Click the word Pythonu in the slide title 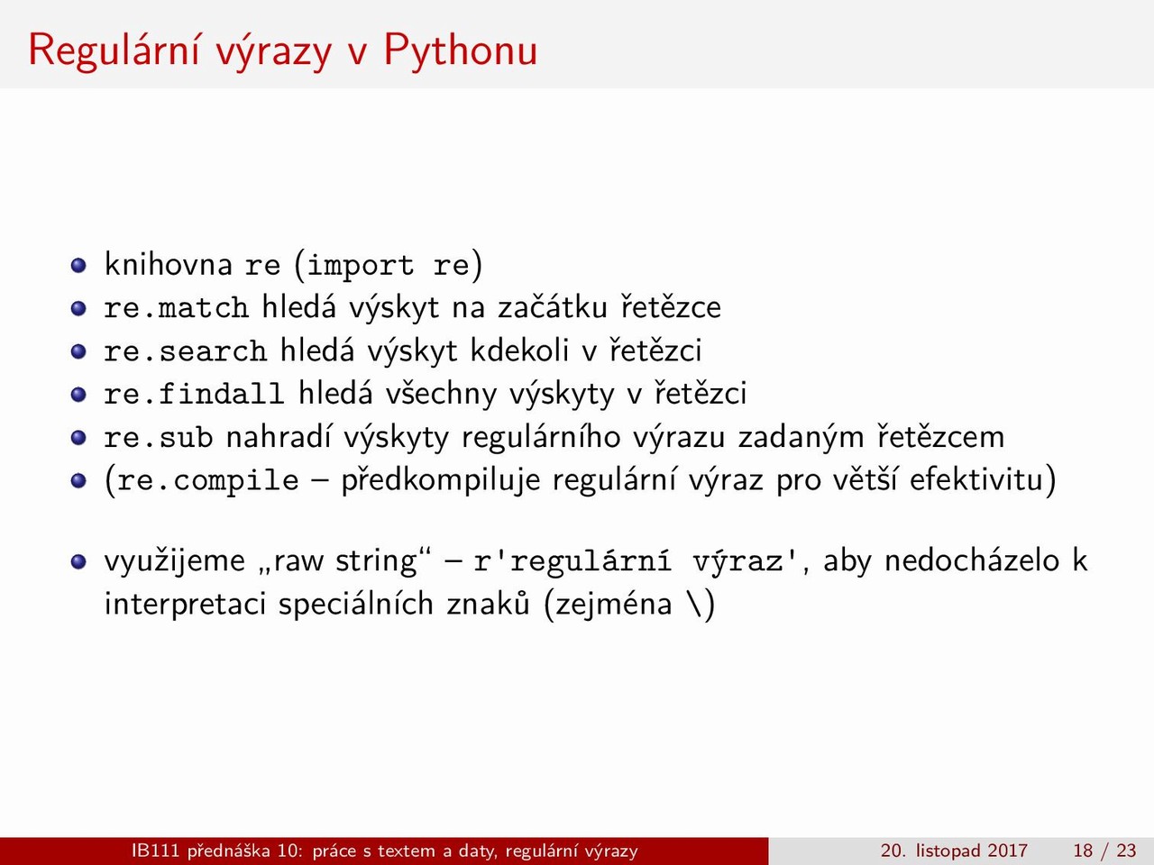click(x=461, y=51)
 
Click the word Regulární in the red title click(x=114, y=50)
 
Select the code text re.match click(x=177, y=307)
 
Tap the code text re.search click(x=186, y=351)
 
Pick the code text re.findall click(x=195, y=394)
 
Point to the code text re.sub click(x=159, y=437)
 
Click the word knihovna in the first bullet click(x=169, y=264)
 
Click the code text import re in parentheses click(x=388, y=265)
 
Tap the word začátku click(x=553, y=306)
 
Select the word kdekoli click(x=519, y=350)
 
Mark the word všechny click(x=441, y=394)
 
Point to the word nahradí click(x=279, y=436)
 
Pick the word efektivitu click(x=976, y=480)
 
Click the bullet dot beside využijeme click(x=78, y=561)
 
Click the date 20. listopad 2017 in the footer click(x=954, y=851)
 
